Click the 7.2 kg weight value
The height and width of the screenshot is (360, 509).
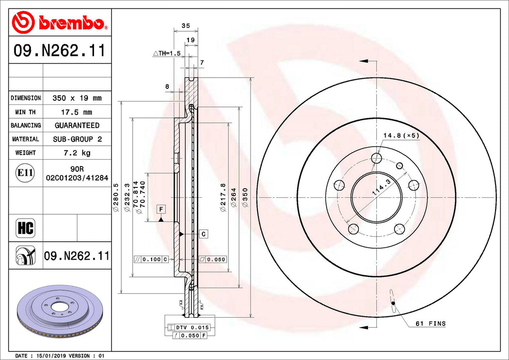pos(77,153)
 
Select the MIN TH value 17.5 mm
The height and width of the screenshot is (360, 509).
pos(77,112)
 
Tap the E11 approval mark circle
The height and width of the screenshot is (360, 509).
pos(25,173)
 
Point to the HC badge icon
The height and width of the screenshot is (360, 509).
pos(25,228)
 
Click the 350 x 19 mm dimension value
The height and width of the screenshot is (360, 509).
pos(77,98)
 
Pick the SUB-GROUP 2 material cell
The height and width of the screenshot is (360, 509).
pos(77,139)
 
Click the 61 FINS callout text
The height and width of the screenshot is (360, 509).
pos(430,324)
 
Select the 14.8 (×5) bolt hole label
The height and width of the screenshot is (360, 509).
pos(401,135)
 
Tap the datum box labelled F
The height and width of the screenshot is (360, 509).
pos(162,209)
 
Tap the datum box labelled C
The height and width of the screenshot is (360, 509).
pos(203,233)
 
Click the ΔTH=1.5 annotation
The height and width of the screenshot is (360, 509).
pos(166,53)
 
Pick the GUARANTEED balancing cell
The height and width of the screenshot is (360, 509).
pos(77,126)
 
